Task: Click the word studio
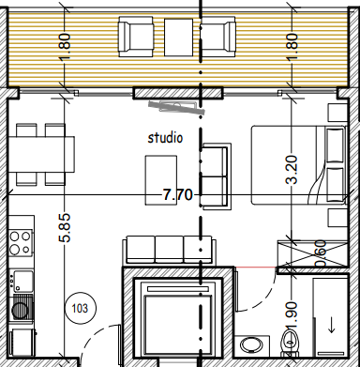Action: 165,137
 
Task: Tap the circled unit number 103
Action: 80,309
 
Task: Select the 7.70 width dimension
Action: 177,195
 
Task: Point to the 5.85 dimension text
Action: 65,228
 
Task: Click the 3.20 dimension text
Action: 292,170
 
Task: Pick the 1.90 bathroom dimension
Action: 291,316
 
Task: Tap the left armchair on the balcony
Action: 136,37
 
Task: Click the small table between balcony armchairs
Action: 179,38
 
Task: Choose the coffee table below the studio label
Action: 161,180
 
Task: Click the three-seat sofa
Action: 169,250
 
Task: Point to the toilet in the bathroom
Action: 289,343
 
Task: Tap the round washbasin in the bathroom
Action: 251,345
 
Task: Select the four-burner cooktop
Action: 21,243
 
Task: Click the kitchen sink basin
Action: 22,281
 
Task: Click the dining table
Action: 41,154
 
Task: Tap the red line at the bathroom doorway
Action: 255,268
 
